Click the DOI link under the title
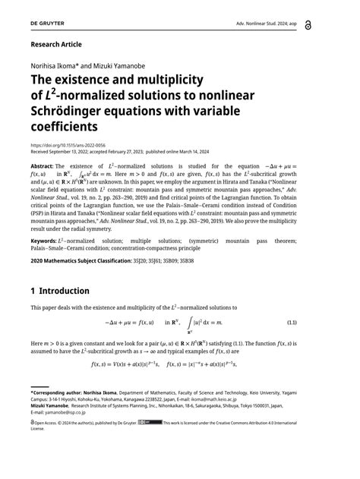coord(68,144)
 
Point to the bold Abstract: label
coord(42,166)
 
